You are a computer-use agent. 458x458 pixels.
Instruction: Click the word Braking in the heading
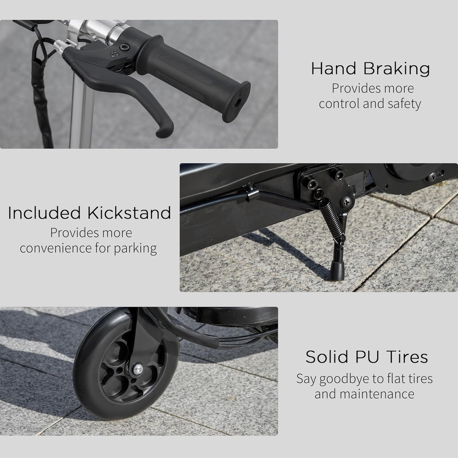pyautogui.click(x=397, y=69)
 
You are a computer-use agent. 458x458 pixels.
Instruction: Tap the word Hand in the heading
pyautogui.click(x=334, y=69)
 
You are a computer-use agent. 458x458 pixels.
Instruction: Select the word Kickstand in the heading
pyautogui.click(x=129, y=213)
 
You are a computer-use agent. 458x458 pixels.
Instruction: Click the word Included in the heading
pyautogui.click(x=44, y=213)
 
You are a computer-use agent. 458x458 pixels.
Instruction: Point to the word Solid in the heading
pyautogui.click(x=327, y=357)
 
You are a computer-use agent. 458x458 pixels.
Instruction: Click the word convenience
pyautogui.click(x=56, y=248)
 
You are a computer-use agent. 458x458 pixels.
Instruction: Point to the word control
pyautogui.click(x=339, y=104)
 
